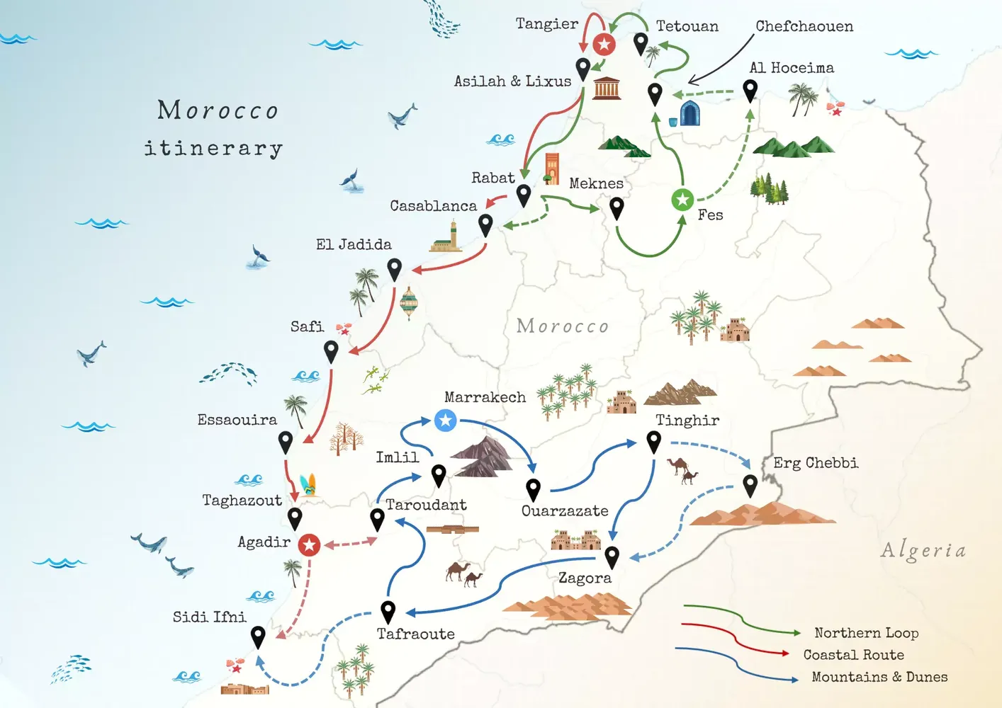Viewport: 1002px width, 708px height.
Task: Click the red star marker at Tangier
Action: pos(604,45)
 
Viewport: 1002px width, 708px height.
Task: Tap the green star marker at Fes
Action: pos(682,200)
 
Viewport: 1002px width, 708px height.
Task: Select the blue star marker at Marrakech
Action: pos(445,421)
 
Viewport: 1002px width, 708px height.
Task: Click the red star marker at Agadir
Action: pos(309,545)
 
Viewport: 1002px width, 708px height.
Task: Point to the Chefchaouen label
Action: pos(804,26)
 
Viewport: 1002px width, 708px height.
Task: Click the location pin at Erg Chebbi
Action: pos(750,485)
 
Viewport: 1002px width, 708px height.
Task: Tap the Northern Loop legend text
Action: pos(866,633)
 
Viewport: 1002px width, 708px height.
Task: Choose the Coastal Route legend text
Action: pos(853,655)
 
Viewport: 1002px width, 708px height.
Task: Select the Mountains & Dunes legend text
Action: pos(879,677)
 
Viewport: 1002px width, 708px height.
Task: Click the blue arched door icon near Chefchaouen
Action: pos(689,113)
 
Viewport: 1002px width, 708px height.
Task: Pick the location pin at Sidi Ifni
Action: pos(258,636)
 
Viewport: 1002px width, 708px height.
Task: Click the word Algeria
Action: pos(923,551)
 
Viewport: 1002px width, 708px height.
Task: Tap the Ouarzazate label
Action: pos(565,511)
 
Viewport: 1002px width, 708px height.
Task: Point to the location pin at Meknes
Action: pos(617,207)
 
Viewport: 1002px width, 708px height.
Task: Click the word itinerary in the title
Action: pos(213,148)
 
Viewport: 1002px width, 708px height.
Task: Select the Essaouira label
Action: pos(237,420)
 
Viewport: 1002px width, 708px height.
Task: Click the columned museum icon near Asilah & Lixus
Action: pos(607,88)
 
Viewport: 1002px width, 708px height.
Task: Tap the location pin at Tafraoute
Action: pos(388,611)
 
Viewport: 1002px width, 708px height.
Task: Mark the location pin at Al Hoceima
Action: pos(750,90)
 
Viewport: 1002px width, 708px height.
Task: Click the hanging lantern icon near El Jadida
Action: pos(409,302)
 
